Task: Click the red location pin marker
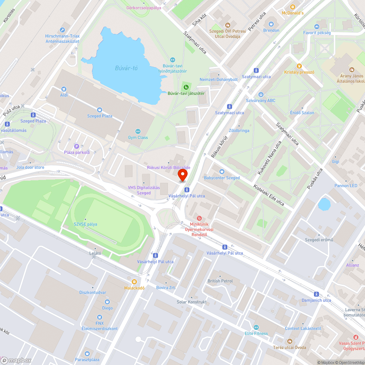point(182,175)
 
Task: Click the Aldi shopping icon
point(64,89)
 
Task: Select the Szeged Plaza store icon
point(100,109)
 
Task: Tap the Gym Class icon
point(138,131)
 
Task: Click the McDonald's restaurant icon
point(292,7)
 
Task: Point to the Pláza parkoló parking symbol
point(77,146)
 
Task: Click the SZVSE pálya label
point(85,224)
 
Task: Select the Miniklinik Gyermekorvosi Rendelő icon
point(199,218)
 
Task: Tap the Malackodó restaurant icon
point(135,281)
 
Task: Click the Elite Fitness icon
point(256,327)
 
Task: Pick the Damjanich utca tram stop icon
point(316,294)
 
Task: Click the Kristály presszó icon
point(299,66)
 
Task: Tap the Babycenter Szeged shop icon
point(222,172)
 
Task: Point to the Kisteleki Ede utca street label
point(269,194)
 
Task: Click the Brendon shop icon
point(271,24)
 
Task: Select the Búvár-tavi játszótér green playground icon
point(186,87)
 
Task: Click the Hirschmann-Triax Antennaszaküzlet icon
point(62,30)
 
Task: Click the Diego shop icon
point(107,302)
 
